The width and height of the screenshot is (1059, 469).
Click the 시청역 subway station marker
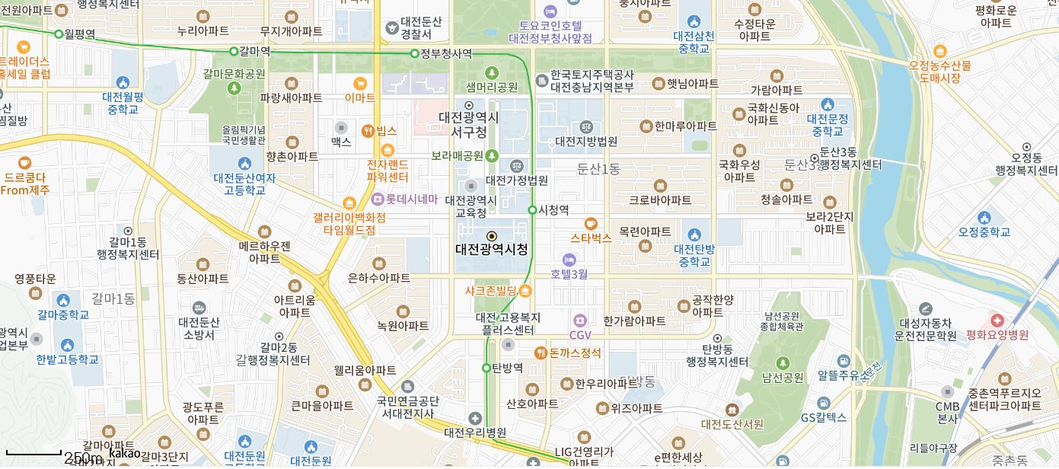532,209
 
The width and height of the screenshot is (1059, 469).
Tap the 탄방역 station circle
486,368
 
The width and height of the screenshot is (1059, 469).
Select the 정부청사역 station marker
415,53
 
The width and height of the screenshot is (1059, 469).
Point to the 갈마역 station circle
234,51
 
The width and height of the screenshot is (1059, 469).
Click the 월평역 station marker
59,33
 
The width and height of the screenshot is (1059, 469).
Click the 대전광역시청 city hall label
491,249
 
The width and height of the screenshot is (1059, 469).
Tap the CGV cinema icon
580,320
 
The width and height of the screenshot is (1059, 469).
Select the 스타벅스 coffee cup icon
591,223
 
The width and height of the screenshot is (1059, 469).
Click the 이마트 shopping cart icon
360,83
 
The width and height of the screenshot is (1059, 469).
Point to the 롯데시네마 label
411,199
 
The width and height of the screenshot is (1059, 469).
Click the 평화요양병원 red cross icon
997,320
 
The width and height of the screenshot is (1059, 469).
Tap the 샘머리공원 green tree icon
492,73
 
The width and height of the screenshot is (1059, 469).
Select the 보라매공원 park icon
492,155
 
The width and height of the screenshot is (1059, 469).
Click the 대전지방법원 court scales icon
586,126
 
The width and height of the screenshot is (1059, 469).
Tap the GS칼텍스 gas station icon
824,403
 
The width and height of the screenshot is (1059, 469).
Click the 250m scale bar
34,454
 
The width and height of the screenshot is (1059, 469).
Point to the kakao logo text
125,453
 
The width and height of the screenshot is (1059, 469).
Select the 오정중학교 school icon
984,218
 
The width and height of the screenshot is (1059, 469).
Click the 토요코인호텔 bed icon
550,11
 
